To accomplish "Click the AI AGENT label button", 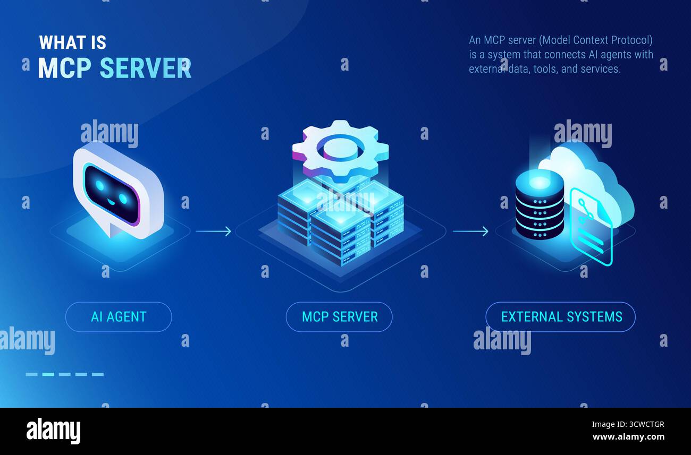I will coord(119,317).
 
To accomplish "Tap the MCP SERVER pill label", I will coord(339,317).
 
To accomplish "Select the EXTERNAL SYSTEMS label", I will coord(561,317).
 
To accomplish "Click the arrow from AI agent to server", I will coord(213,231).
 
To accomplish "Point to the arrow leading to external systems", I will coord(470,231).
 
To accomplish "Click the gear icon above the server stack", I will coord(340,149).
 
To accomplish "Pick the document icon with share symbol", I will coord(591,228).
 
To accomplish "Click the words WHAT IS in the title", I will coord(73,42).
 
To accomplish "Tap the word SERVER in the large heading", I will coord(146,68).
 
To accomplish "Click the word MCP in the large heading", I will coord(65,68).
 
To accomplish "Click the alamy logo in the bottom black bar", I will coord(53,431).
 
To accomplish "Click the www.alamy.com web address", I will coord(628,437).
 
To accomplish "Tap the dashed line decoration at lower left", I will coord(64,374).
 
